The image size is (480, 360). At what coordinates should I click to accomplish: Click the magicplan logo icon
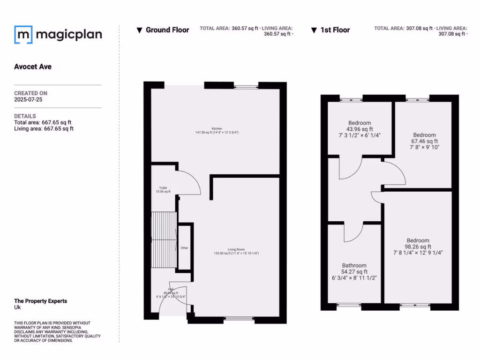coord(23,34)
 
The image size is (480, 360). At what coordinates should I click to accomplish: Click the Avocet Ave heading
coord(33,67)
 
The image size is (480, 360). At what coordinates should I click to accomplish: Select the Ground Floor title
coord(167,30)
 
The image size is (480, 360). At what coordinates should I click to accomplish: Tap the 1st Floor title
coord(335,30)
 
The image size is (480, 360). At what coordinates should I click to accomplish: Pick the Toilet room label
coord(163,187)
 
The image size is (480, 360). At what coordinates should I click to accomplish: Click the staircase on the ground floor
coord(163,240)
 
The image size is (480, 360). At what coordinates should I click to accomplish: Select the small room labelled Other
coord(184,247)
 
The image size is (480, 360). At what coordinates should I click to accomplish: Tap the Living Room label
coord(236,249)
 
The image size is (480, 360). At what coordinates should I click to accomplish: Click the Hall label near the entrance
coord(171,289)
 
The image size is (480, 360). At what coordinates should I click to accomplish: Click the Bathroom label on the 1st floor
coord(354,265)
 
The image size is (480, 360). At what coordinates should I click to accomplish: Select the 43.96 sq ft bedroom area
coord(360,129)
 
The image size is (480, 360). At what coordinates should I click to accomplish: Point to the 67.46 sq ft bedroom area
coord(424,141)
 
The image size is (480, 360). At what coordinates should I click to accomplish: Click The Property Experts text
coord(40,301)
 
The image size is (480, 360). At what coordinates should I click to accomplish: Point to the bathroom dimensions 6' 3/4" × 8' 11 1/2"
coord(354,277)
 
